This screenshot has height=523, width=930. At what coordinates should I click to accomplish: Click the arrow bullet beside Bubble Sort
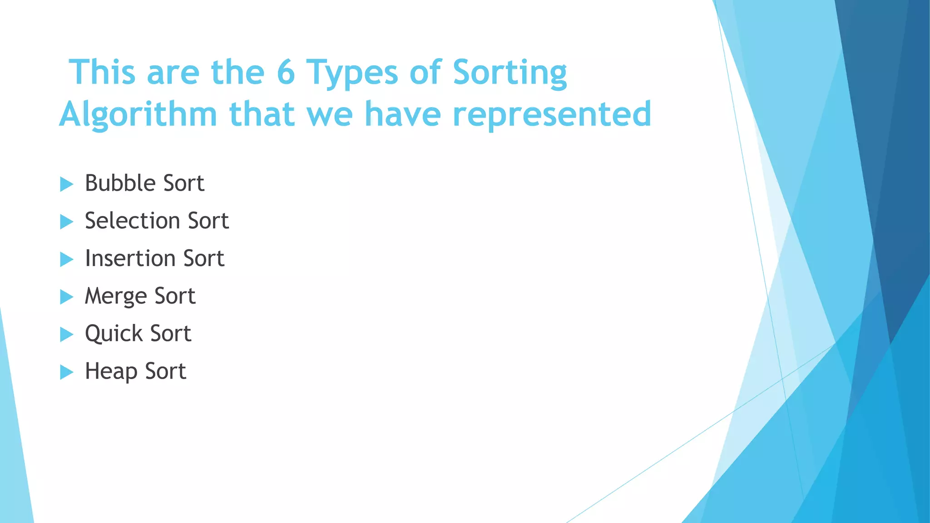66,184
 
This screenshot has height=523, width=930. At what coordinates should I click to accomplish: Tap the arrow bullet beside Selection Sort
66,222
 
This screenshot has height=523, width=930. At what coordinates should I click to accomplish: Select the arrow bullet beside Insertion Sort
66,260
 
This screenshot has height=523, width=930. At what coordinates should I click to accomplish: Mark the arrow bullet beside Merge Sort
66,297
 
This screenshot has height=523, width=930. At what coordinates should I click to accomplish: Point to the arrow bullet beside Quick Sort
66,335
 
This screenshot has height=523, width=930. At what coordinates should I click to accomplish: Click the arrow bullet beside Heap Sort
66,373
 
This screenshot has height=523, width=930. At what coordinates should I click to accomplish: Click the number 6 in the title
286,73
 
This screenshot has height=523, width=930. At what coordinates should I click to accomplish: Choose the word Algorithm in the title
138,115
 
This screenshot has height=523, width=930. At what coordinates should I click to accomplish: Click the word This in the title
102,73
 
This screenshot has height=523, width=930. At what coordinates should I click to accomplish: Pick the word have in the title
403,114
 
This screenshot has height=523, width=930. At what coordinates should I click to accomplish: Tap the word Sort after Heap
165,372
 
